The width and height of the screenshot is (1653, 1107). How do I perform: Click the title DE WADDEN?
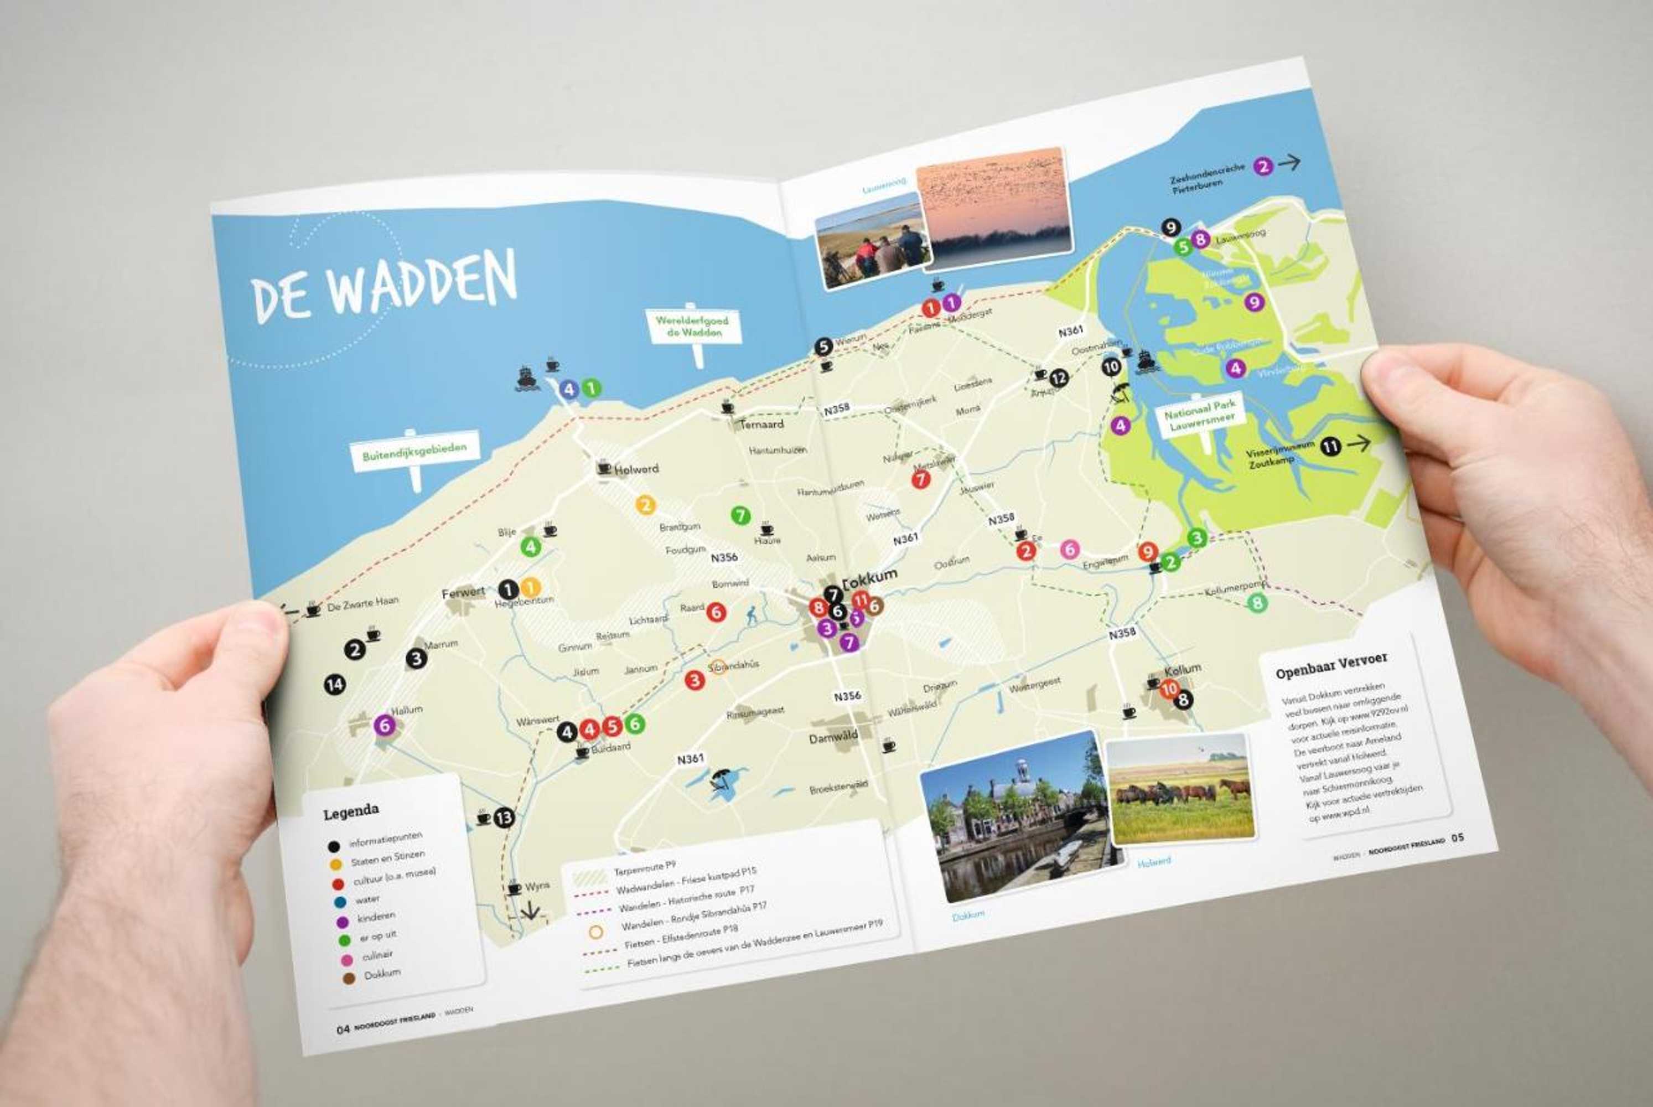(x=385, y=286)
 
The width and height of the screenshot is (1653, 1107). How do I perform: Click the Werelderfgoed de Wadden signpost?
(x=692, y=325)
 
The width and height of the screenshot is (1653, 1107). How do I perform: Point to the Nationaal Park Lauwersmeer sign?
(x=1199, y=415)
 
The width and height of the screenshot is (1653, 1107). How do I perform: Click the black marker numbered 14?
(x=335, y=684)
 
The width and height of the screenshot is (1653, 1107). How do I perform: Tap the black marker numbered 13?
(x=503, y=818)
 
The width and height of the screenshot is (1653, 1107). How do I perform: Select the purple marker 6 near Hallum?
(x=384, y=725)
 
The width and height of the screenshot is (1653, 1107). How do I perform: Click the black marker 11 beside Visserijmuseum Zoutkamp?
(x=1330, y=446)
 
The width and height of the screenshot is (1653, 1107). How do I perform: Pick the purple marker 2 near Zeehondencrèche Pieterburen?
(x=1263, y=167)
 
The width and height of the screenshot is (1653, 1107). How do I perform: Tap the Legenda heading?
(x=351, y=812)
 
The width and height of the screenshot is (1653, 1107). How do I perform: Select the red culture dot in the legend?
(x=338, y=883)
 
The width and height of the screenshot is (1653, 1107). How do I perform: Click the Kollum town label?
(x=1182, y=669)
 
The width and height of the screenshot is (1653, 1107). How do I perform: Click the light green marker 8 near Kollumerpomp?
(x=1257, y=603)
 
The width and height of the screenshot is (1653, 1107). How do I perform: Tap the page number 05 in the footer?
(x=1458, y=838)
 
